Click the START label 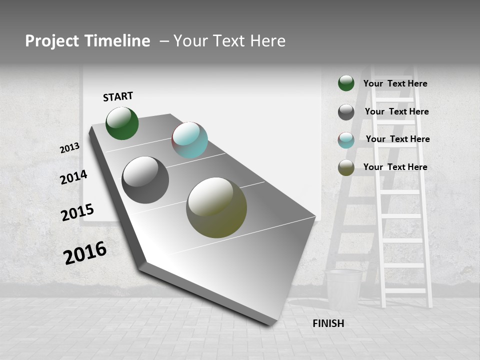(x=118, y=96)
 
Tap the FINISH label (x=328, y=323)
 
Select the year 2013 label (x=70, y=148)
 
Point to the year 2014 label (x=73, y=177)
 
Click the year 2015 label (x=77, y=212)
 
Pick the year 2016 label (x=85, y=253)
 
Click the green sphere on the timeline (x=122, y=123)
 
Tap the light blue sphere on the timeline (x=190, y=140)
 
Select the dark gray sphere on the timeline (x=145, y=180)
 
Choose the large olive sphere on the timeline (x=216, y=207)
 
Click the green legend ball (x=346, y=83)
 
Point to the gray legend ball (x=346, y=112)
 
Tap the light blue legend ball (x=346, y=140)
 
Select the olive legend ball (x=346, y=167)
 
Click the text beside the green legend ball (x=395, y=83)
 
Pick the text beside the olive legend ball (x=395, y=167)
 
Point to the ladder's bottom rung (x=405, y=290)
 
